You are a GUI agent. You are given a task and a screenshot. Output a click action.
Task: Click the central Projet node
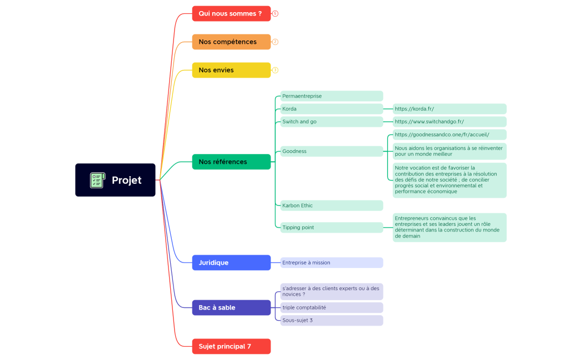(115, 180)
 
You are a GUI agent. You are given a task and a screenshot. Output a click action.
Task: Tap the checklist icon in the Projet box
(97, 180)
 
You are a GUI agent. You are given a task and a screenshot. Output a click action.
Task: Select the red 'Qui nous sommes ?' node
(231, 13)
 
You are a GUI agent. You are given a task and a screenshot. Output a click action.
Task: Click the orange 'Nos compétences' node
(231, 42)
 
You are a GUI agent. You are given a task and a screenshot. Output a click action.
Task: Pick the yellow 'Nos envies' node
(231, 70)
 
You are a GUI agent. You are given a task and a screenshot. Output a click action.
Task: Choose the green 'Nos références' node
(231, 162)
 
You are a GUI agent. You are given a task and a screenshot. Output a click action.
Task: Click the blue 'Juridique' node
(231, 263)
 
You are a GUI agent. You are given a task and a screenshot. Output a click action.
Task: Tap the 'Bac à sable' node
(231, 307)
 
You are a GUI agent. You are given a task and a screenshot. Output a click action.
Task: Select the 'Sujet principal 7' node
(231, 346)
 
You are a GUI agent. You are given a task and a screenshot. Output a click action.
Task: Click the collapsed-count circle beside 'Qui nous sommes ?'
(275, 13)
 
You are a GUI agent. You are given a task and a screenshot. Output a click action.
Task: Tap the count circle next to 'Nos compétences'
(275, 42)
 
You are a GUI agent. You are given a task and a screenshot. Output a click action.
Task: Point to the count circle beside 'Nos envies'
(275, 70)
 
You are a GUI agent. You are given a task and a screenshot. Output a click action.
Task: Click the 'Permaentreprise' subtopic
(331, 96)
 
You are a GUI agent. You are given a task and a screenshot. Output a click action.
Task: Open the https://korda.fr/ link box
(450, 109)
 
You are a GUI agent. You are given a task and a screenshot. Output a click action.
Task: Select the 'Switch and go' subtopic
(331, 121)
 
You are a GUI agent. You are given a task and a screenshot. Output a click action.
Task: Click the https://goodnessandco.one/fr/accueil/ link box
(450, 135)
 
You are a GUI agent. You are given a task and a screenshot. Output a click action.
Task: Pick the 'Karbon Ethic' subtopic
(331, 205)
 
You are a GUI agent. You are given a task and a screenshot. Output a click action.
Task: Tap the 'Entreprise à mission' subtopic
(331, 263)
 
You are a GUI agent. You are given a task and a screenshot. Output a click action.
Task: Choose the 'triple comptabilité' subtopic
(331, 307)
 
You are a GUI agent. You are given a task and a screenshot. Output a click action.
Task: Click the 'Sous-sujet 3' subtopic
(331, 320)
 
